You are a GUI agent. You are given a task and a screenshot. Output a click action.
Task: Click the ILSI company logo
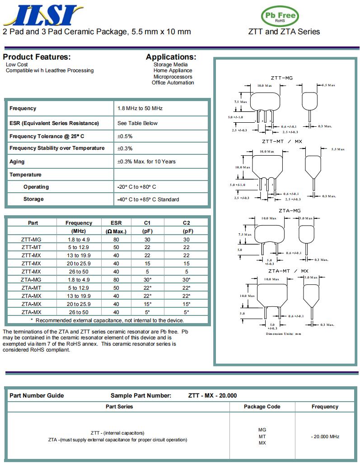[42, 15]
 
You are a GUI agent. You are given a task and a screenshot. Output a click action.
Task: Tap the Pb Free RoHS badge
[280, 17]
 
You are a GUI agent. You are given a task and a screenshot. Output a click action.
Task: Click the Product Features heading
[37, 57]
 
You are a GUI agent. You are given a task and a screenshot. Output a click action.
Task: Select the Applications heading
[171, 57]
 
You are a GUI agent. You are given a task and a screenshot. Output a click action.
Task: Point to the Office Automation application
[173, 83]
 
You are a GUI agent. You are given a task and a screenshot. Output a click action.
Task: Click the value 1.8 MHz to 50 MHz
[140, 108]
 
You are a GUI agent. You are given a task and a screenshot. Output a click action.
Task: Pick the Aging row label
[17, 162]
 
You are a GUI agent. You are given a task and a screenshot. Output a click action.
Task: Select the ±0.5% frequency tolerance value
[125, 136]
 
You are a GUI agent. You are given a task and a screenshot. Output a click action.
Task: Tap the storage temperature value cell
[148, 199]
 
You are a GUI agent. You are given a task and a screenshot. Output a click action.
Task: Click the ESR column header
[116, 223]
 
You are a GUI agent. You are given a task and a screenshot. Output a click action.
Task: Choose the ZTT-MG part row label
[31, 239]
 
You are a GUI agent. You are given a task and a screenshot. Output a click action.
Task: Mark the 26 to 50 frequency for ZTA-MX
[79, 312]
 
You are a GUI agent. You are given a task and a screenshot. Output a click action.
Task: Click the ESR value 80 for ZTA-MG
[116, 280]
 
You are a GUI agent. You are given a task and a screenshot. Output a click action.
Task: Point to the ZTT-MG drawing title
[282, 78]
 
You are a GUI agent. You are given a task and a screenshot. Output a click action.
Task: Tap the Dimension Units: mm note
[283, 333]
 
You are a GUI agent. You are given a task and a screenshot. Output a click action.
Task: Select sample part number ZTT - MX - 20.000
[212, 396]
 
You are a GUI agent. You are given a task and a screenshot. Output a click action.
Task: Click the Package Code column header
[262, 407]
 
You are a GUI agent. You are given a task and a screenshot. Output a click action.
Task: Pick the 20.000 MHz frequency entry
[325, 436]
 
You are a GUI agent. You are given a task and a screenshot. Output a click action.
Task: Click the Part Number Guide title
[37, 396]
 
